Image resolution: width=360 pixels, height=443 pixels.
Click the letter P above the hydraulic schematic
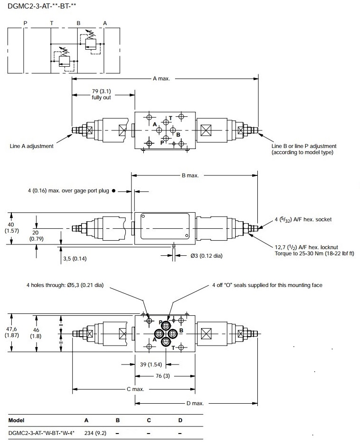(25, 23)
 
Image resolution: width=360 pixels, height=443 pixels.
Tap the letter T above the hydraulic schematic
(52, 23)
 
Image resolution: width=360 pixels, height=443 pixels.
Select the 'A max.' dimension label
(161, 78)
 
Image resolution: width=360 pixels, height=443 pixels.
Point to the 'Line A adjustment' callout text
(32, 146)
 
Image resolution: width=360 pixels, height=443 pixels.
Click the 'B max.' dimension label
(190, 175)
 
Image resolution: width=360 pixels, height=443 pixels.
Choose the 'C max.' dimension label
(135, 389)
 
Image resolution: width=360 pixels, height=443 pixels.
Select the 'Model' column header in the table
(17, 420)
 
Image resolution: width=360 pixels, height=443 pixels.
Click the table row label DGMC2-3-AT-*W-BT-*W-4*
(42, 432)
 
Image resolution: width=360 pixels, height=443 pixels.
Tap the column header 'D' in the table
(180, 420)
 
